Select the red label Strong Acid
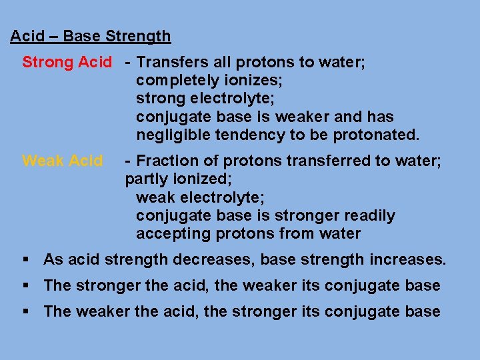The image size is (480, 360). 67,63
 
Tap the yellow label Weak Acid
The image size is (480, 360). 62,161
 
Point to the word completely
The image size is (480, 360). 175,81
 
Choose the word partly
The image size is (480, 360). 144,179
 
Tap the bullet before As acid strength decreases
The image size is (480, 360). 26,259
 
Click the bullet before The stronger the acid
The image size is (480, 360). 26,286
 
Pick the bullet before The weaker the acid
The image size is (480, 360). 26,311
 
